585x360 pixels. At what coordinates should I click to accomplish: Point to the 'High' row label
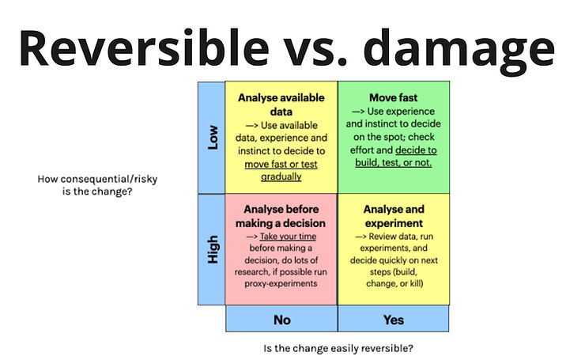pos(212,249)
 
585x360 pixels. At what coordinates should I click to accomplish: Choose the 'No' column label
pos(281,320)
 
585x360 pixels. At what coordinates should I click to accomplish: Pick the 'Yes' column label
pos(393,320)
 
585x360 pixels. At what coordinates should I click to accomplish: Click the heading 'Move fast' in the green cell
pos(393,98)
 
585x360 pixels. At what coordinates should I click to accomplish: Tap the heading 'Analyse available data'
pos(281,105)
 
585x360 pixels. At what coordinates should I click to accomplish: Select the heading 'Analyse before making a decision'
pos(281,216)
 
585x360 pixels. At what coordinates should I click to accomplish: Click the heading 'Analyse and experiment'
pos(393,216)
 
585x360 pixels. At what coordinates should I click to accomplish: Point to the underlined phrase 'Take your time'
pos(296,236)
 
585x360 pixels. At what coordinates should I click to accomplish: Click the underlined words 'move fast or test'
pos(281,163)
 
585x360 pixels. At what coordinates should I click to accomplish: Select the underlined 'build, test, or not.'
pos(392,163)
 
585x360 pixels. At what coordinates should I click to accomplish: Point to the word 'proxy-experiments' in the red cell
pos(282,283)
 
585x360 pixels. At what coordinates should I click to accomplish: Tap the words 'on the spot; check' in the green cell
pos(393,137)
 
